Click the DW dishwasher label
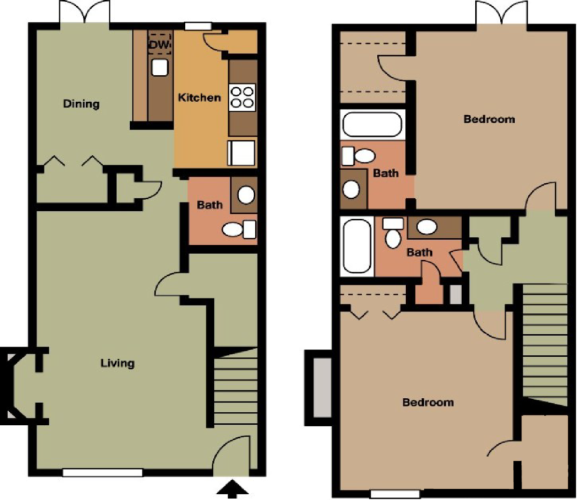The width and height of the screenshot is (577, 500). (159, 45)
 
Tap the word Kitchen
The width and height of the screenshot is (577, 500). (199, 97)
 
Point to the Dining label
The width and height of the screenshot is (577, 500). (81, 104)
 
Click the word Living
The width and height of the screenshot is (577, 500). (117, 363)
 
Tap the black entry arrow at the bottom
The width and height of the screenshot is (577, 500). (233, 488)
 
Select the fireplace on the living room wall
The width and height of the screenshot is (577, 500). (17, 385)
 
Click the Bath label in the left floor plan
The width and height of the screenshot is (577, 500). (209, 205)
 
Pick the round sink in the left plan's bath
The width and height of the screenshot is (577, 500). (247, 195)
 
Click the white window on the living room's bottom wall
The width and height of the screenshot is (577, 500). (102, 473)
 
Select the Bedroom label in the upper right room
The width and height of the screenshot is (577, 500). (489, 119)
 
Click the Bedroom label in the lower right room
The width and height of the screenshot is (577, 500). (428, 402)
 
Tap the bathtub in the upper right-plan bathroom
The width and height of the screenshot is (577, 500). (371, 124)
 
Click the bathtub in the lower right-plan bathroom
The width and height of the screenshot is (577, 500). (357, 246)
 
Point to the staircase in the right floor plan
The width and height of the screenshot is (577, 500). (545, 342)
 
